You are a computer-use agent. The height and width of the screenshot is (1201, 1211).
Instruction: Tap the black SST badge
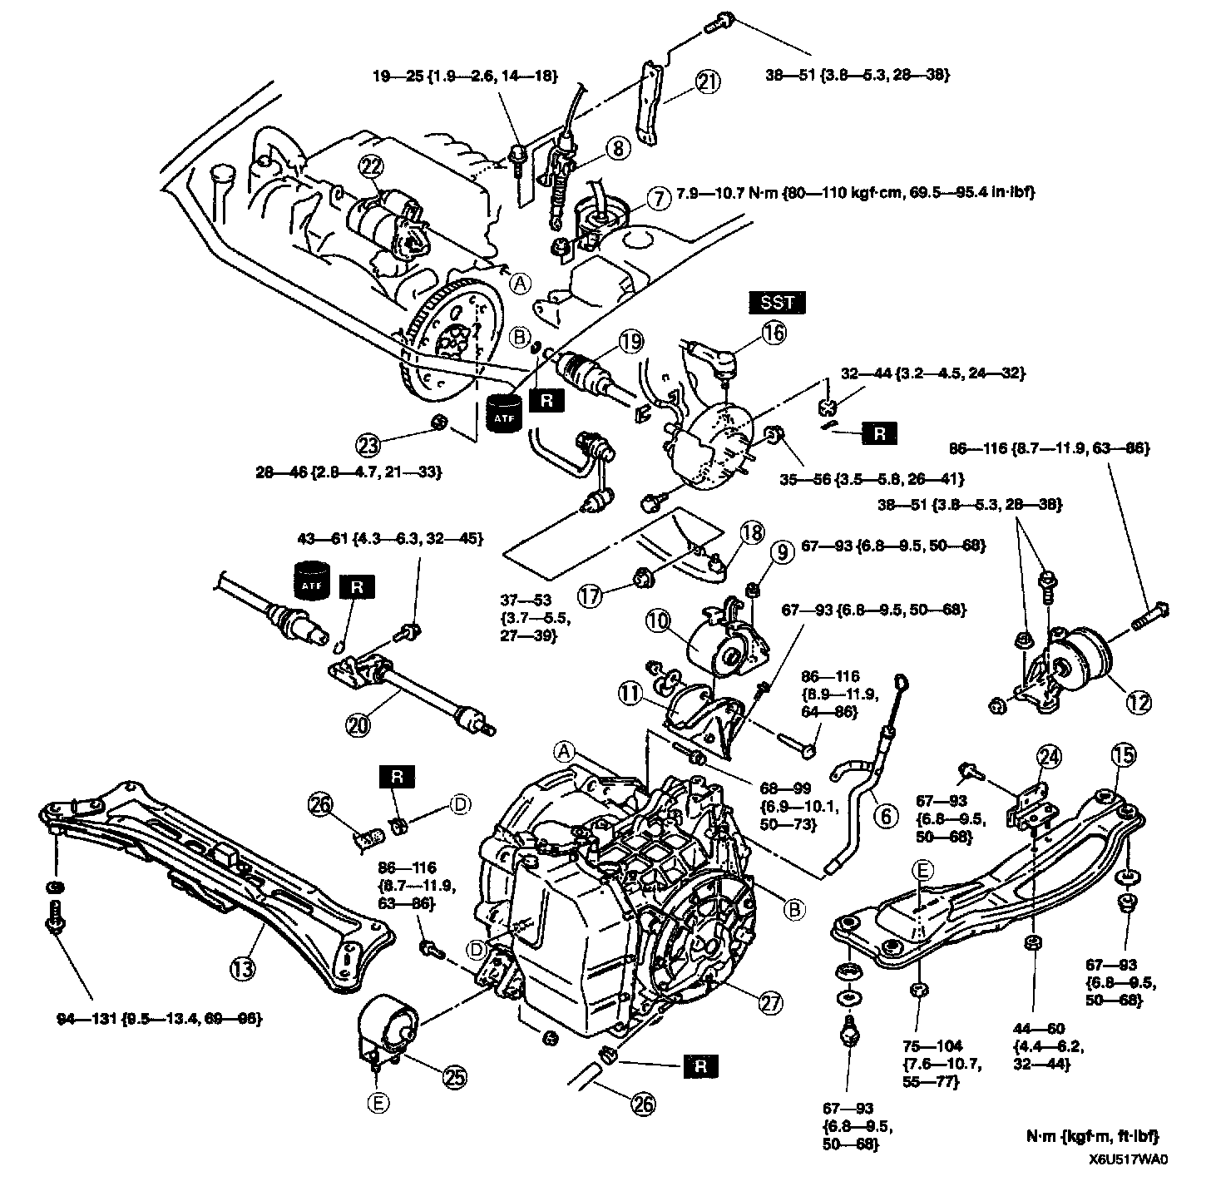[x=778, y=303]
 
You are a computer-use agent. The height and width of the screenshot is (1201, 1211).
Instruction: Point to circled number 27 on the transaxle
[x=770, y=1004]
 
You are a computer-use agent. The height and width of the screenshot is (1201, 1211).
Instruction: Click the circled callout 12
[x=1139, y=702]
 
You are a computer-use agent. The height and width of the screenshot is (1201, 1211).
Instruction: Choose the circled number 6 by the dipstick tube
[x=886, y=817]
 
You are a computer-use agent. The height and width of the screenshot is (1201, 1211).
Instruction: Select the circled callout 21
[x=708, y=82]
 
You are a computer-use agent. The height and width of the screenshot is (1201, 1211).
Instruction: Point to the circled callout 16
[x=773, y=334]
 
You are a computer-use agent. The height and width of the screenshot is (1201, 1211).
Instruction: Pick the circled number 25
[x=454, y=1078]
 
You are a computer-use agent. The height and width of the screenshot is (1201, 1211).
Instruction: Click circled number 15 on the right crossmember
[x=1123, y=756]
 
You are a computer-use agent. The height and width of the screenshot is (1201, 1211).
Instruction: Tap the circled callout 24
[x=1050, y=756]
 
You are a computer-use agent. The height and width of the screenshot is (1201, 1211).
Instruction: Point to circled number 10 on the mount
[x=658, y=620]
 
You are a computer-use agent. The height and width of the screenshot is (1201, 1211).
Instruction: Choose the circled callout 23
[x=368, y=445]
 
